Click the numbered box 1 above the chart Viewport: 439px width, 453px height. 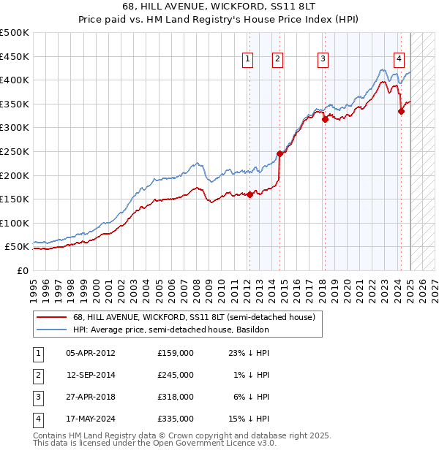click(248, 60)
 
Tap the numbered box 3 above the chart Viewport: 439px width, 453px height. click(323, 60)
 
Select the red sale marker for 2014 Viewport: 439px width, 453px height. click(279, 153)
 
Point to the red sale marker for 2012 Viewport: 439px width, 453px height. click(249, 194)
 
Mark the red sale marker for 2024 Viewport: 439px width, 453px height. click(401, 111)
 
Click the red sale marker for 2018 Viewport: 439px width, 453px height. click(324, 119)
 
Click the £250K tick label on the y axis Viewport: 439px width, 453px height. click(14, 151)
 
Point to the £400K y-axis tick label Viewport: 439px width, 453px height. click(14, 80)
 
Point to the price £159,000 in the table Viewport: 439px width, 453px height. click(176, 353)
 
